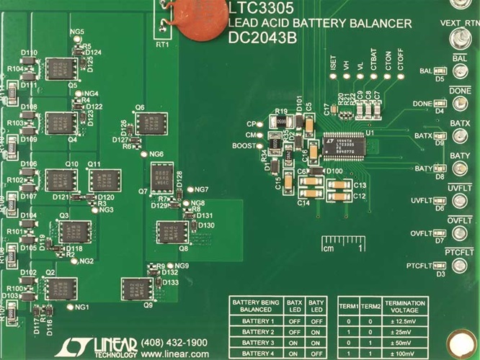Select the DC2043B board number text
point(262,39)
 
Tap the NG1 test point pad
point(69,307)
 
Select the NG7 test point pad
point(190,189)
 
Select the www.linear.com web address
point(172,354)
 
